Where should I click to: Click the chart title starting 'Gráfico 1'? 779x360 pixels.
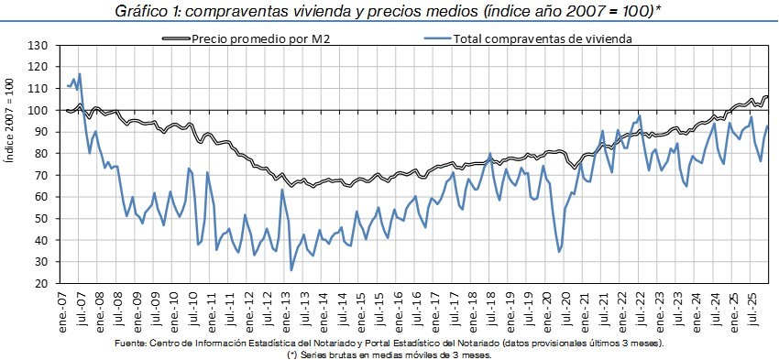389,12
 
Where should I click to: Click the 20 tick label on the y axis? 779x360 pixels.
40,284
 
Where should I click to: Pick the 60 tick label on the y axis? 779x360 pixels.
40,197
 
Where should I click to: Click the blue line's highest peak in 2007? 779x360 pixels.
80,74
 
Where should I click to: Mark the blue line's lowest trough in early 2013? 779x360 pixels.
291,270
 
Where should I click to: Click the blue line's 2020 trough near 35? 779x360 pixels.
559,251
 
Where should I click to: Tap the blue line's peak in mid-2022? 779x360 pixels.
639,116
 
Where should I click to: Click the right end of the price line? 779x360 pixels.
768,96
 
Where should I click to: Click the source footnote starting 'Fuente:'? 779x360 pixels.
389,343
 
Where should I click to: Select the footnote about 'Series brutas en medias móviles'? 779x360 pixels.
389,353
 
